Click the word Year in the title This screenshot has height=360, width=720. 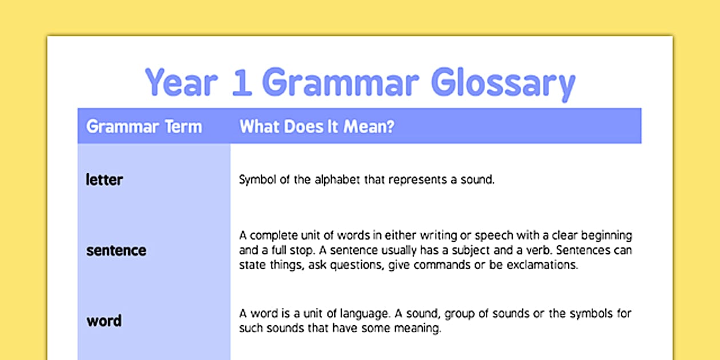tap(181, 82)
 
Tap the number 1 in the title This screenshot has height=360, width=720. tap(241, 82)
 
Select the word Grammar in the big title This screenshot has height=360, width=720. tap(341, 82)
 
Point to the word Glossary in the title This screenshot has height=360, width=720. tap(503, 83)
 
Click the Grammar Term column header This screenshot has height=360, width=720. tap(143, 126)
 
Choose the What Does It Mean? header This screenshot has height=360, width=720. tap(317, 126)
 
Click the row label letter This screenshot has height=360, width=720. tap(104, 179)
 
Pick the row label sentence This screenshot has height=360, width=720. tap(116, 250)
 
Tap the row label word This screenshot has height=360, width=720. tap(104, 321)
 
